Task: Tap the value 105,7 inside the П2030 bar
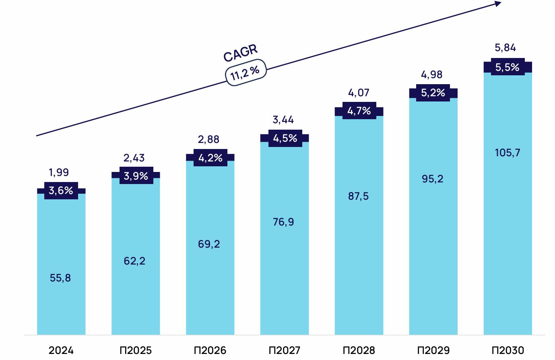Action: tap(508, 153)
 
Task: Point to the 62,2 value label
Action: tap(134, 261)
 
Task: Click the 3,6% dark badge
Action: tap(61, 190)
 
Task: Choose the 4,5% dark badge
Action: tap(285, 138)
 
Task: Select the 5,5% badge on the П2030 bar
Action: tap(507, 67)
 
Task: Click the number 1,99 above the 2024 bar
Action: tap(59, 172)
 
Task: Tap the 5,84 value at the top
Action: tap(505, 48)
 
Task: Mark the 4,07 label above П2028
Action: tap(359, 93)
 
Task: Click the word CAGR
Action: tap(240, 53)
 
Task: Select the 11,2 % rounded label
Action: tap(245, 72)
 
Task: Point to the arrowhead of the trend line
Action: tap(498, 4)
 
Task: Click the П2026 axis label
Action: tap(210, 350)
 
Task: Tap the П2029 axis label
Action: tap(433, 350)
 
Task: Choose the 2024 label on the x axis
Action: tap(61, 350)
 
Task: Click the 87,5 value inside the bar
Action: tap(358, 197)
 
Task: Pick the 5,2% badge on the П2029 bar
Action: tap(433, 93)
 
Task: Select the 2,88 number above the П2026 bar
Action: tap(208, 139)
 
